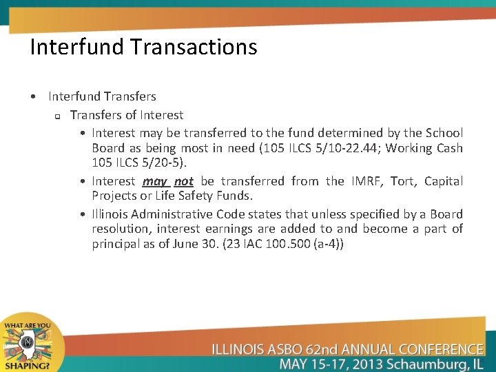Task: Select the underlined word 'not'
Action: (183, 181)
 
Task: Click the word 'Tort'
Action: (402, 181)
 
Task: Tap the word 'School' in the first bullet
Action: (444, 133)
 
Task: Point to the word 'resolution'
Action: (121, 229)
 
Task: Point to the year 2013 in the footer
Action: (352, 364)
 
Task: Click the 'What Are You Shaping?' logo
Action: (27, 344)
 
